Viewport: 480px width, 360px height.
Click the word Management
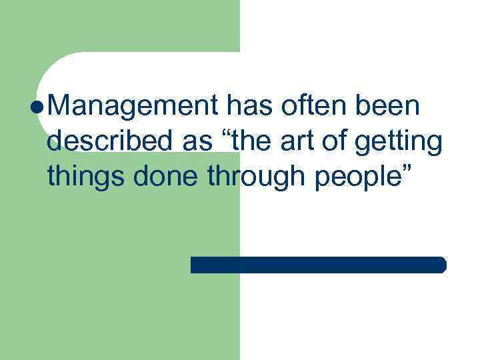[134, 107]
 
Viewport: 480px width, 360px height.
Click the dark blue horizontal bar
[318, 265]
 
